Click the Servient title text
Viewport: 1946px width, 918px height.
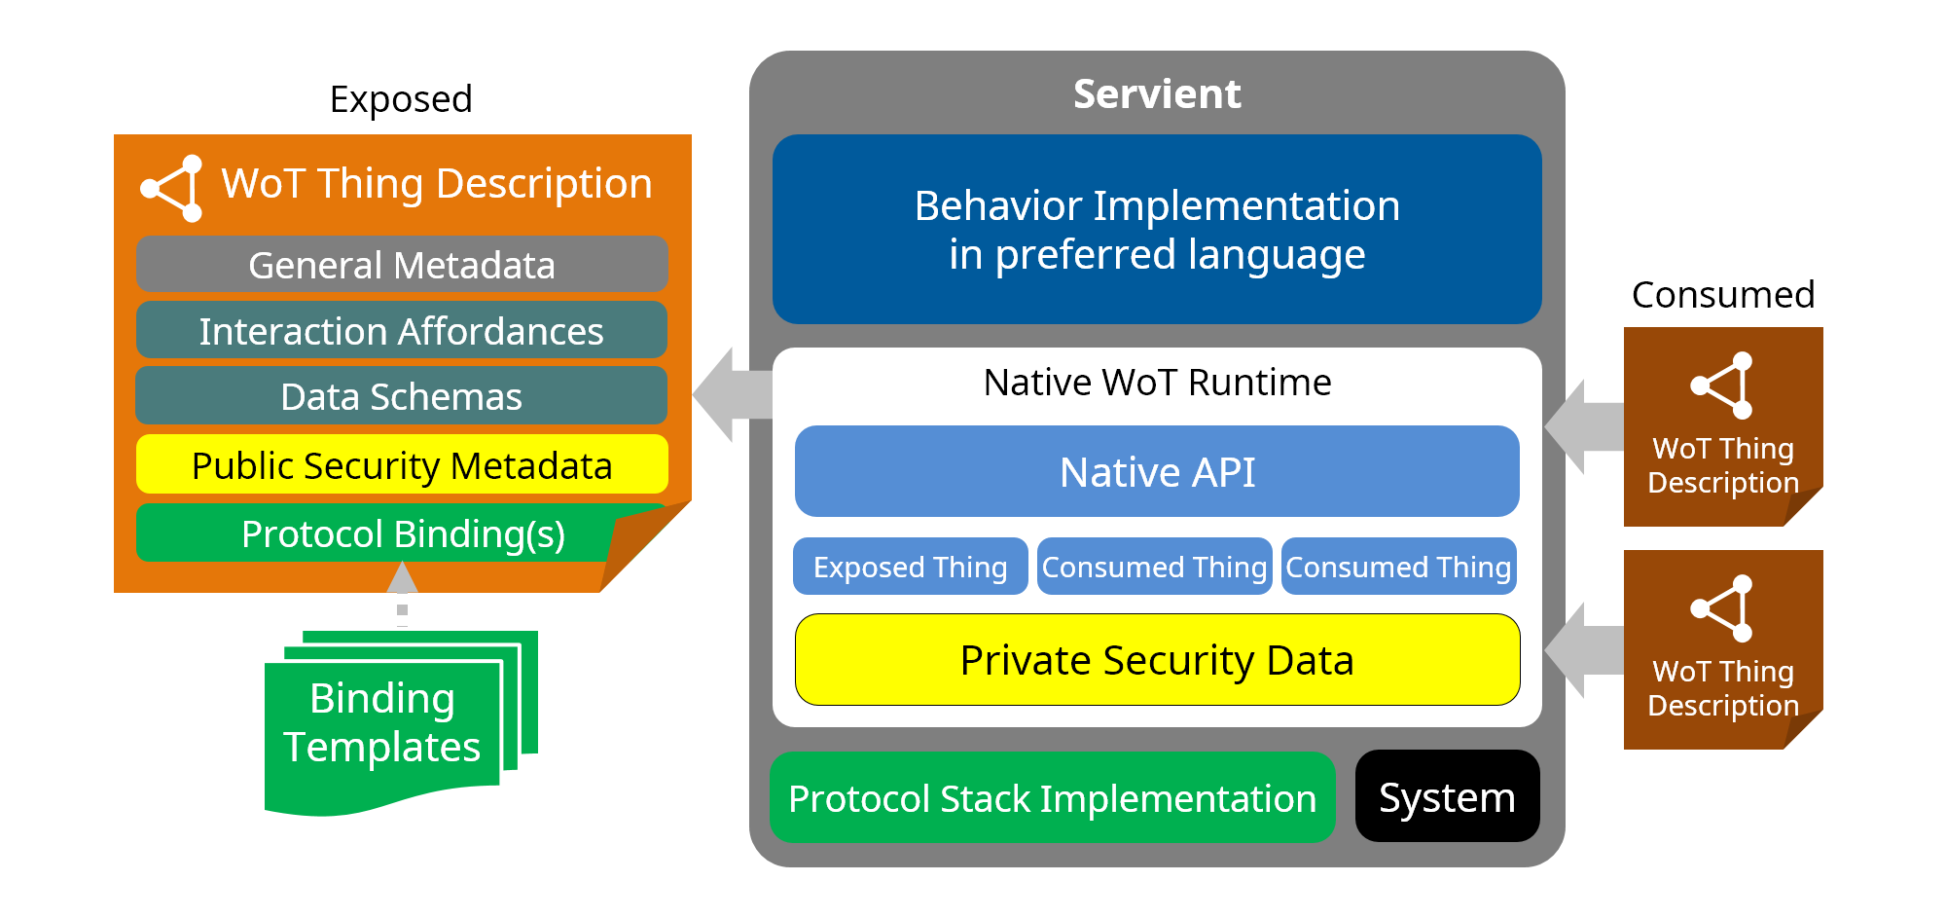[1156, 94]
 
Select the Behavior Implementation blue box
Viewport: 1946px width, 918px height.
[1156, 230]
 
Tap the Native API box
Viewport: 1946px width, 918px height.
[1156, 472]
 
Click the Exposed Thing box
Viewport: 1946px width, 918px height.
[910, 567]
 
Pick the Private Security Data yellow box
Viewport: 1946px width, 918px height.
[1156, 660]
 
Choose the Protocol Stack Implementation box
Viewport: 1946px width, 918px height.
[1052, 798]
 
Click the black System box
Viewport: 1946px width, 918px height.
[1447, 797]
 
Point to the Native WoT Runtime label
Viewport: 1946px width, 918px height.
[1156, 383]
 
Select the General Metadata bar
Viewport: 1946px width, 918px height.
[401, 265]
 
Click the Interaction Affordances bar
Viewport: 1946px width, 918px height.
[401, 331]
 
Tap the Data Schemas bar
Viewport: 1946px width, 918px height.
[401, 396]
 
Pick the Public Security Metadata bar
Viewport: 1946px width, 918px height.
[401, 465]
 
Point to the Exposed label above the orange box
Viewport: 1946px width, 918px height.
[401, 99]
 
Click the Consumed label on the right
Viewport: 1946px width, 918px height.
[1722, 294]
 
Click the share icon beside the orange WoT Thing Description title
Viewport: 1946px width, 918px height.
[173, 188]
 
